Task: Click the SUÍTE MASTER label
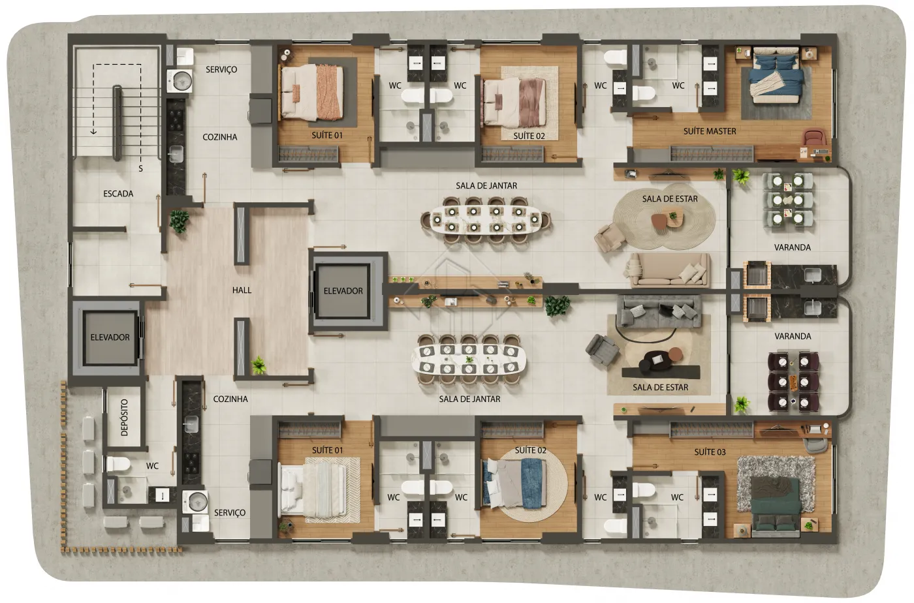pos(710,131)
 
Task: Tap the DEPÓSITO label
pos(125,418)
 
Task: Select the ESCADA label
pos(118,194)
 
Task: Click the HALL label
pos(242,290)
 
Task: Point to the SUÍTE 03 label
pos(710,452)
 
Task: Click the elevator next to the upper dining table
pos(343,290)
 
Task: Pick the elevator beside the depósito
pos(110,338)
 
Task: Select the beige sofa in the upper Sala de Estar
pos(667,270)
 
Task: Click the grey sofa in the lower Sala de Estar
pos(659,312)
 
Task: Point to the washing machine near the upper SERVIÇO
pos(180,81)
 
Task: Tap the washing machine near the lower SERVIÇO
pos(195,502)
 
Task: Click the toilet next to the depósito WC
pos(118,464)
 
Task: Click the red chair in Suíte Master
pos(815,138)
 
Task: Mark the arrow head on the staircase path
pos(93,131)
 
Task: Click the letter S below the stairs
pos(141,168)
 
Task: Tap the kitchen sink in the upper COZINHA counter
pos(176,154)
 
